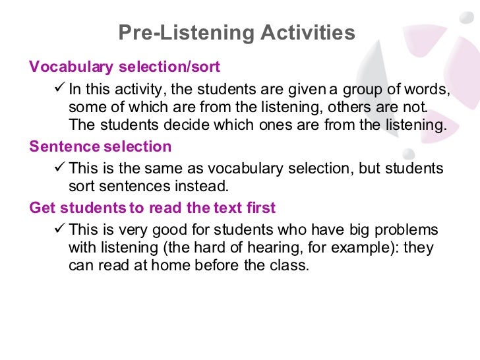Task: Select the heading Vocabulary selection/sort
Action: pos(125,67)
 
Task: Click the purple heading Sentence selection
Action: pos(100,146)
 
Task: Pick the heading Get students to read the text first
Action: pos(152,208)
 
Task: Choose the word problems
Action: pos(408,230)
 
